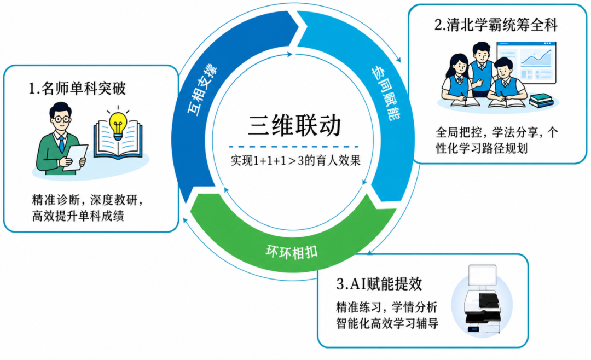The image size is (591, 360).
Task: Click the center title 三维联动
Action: coord(294,125)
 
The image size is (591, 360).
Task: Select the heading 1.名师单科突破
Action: coord(77,89)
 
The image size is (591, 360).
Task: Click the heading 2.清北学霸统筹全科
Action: coord(496,25)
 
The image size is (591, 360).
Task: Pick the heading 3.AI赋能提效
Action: coord(379,284)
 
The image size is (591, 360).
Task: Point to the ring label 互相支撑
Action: coord(202,90)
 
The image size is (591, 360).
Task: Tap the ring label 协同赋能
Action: coord(386,93)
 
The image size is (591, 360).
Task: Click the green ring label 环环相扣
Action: coord(291,252)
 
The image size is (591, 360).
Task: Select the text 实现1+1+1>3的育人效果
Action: coord(296,160)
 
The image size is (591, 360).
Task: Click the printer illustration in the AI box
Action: coord(483,300)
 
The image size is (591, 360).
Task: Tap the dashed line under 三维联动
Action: coord(294,147)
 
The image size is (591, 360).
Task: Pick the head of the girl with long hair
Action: coord(459,65)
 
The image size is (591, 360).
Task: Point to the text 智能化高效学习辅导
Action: coord(387,323)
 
